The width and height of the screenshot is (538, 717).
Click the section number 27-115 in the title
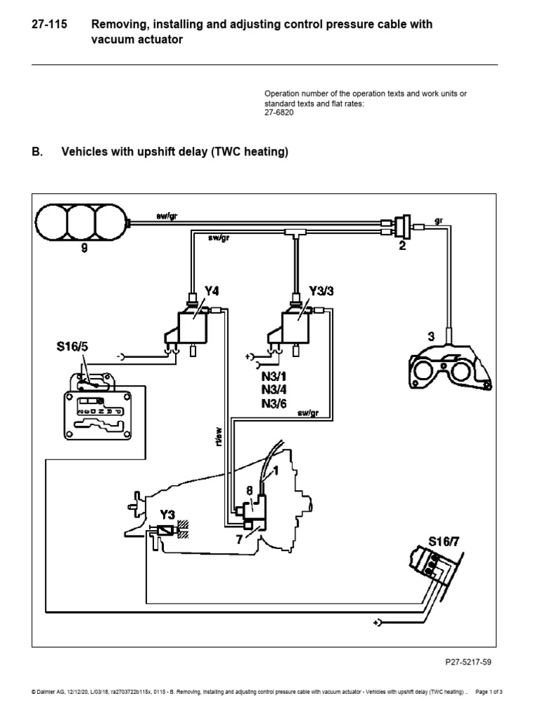[50, 25]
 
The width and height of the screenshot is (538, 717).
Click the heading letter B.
[37, 152]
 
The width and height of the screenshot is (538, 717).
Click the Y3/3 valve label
[319, 290]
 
